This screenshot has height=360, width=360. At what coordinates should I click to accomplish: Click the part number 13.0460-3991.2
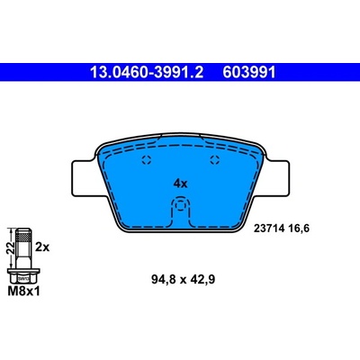(x=147, y=72)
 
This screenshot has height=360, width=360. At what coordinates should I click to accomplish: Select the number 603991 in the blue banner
(x=249, y=72)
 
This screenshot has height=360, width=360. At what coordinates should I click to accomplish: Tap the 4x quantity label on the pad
(x=180, y=184)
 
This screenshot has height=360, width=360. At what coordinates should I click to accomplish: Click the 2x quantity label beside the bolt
(x=42, y=247)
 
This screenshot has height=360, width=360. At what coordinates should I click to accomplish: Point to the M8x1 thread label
(x=23, y=291)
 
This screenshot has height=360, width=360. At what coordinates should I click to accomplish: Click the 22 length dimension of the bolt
(x=11, y=247)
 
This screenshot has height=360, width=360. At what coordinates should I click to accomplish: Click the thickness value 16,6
(x=298, y=229)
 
